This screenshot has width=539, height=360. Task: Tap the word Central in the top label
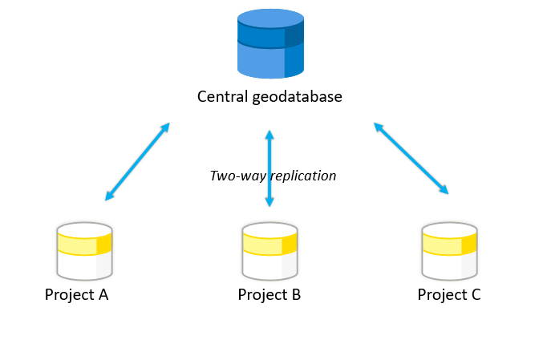pos(221,97)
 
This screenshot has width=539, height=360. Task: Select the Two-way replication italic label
pos(273,176)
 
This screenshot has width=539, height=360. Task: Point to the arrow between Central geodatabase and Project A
pos(137,161)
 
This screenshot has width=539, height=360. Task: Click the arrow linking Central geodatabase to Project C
pos(411,158)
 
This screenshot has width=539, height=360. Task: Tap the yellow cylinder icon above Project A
pos(84,250)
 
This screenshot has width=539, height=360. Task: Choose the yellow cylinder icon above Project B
pos(269,250)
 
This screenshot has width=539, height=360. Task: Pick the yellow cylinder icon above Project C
pos(449,250)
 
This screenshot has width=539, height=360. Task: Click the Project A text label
pos(76,295)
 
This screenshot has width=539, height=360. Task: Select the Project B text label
pos(269,295)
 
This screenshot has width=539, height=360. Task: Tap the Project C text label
pos(449,295)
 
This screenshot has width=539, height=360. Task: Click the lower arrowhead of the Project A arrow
pos(109,196)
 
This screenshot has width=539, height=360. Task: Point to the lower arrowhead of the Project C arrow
pos(444,190)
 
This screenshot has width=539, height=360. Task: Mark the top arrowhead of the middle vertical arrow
pos(269,134)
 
